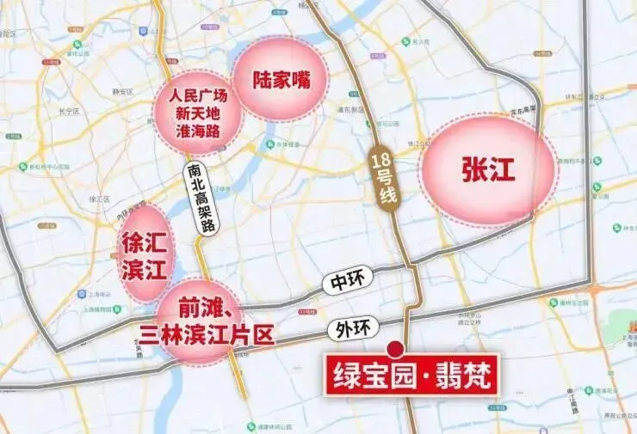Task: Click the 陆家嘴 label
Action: coord(280,79)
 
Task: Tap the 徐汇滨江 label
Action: coord(145,254)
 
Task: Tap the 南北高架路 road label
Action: coord(203,198)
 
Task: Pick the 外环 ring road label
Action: coord(348,327)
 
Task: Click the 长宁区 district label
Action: coord(68,112)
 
